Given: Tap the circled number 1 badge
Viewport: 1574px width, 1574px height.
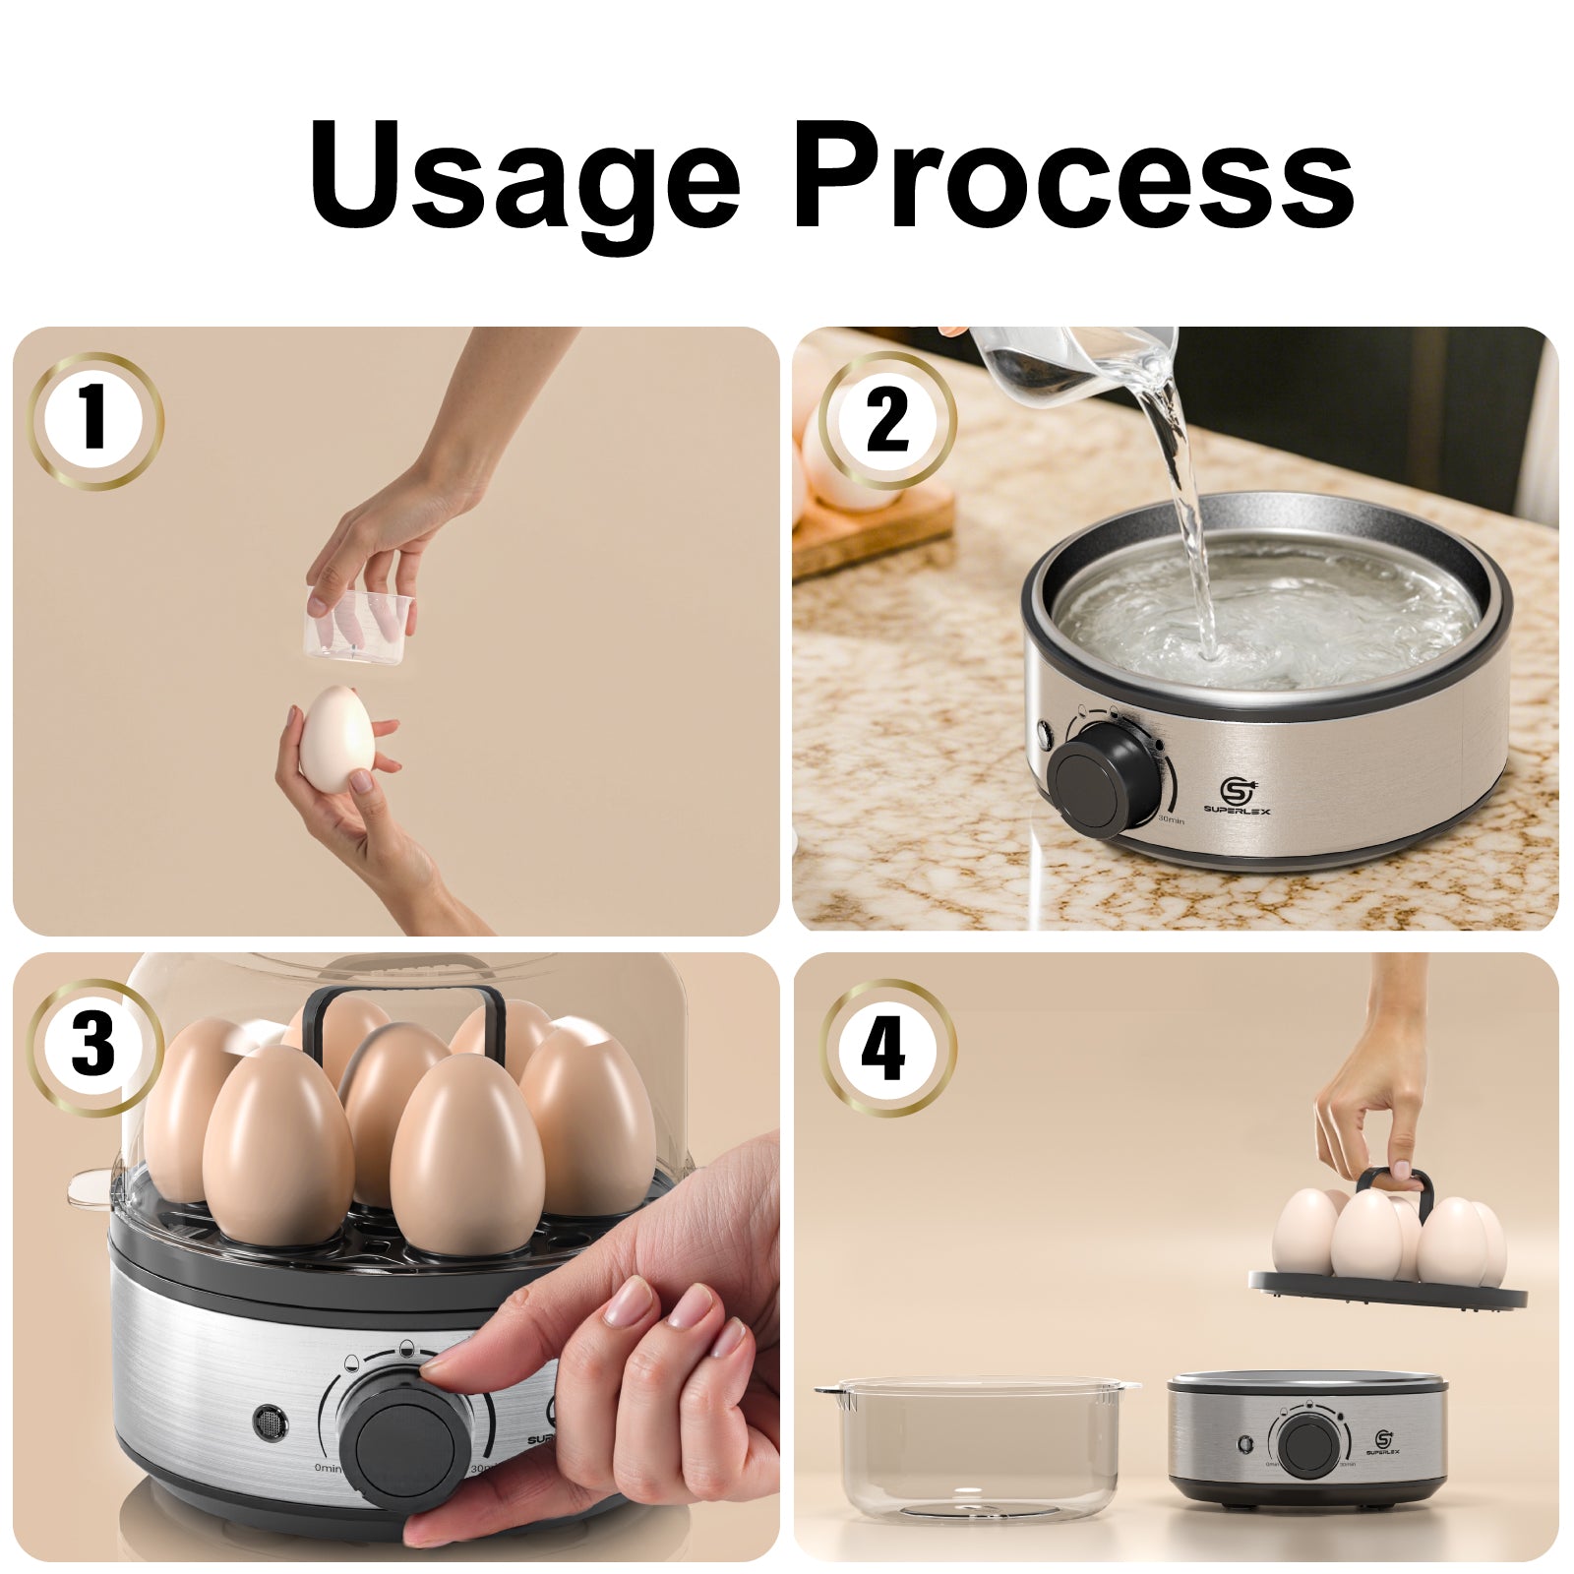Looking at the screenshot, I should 95,420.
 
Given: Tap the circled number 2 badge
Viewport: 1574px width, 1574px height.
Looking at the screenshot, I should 887,420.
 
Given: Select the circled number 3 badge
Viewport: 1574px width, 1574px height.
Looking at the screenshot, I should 95,1047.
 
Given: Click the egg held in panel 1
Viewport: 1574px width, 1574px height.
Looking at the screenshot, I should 336,740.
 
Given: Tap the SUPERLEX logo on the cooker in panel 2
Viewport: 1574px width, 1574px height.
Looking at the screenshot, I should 1237,795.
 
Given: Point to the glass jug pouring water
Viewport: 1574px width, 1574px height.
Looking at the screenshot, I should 1072,359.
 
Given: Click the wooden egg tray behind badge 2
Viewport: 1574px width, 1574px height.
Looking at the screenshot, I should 871,536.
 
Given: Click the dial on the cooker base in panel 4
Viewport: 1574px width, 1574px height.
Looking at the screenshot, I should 1309,1445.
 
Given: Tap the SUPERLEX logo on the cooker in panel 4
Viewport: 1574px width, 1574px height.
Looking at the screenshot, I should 1388,1445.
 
